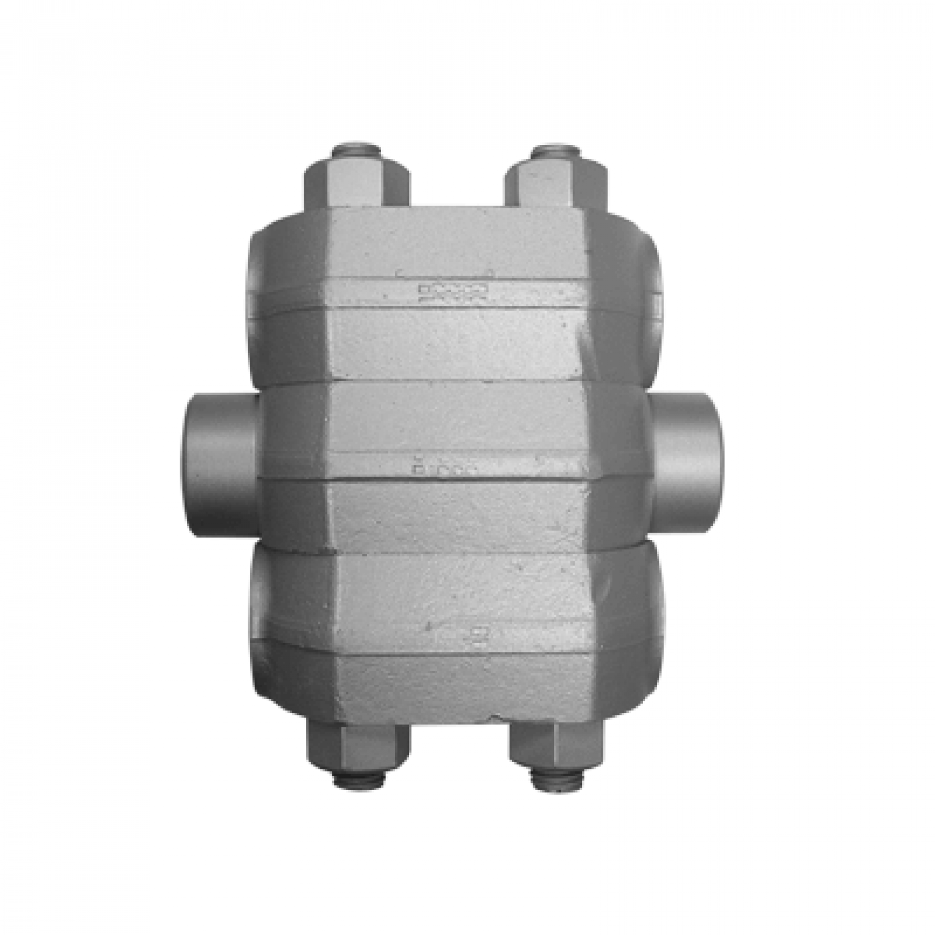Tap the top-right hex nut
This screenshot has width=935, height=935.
pyautogui.click(x=556, y=181)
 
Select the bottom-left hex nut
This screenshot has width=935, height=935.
pyautogui.click(x=357, y=746)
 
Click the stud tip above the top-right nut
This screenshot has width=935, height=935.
pyautogui.click(x=555, y=149)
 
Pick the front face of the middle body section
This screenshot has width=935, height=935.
pyautogui.click(x=457, y=426)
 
